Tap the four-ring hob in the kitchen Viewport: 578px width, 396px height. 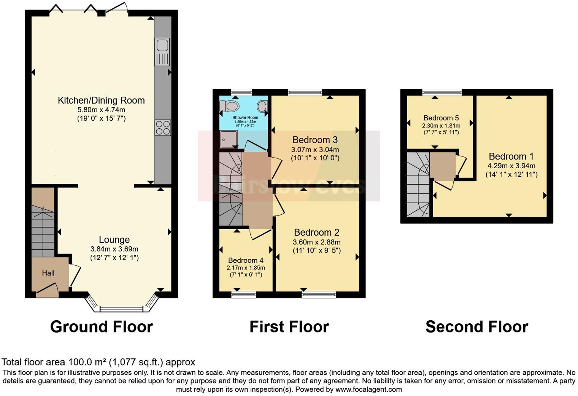[162, 128]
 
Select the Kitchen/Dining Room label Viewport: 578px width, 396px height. [101, 101]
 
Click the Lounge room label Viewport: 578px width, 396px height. [114, 240]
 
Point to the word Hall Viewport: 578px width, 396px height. [48, 273]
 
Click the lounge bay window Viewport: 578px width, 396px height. [121, 308]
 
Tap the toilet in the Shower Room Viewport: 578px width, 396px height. [230, 105]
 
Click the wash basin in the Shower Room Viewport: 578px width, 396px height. [262, 105]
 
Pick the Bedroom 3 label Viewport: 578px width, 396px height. [315, 140]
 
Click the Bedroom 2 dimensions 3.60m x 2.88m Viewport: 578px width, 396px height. [316, 242]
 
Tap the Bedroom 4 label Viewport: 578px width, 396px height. [246, 260]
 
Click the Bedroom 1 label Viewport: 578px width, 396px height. [511, 156]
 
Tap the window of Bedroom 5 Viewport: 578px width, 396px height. [442, 92]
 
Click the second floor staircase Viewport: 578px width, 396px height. [418, 185]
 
